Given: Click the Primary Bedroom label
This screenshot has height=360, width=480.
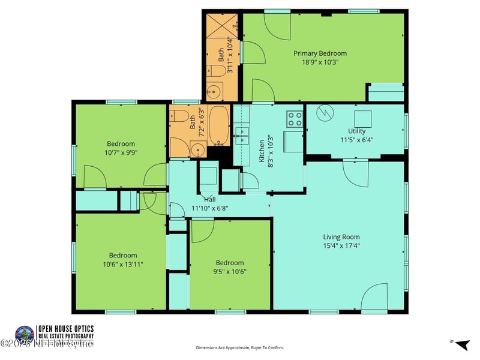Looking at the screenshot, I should pyautogui.click(x=320, y=53).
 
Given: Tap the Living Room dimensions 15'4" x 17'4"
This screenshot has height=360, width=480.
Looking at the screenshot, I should pyautogui.click(x=341, y=245).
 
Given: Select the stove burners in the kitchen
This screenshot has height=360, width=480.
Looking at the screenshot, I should pyautogui.click(x=295, y=119).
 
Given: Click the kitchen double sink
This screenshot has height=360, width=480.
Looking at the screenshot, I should pyautogui.click(x=242, y=136).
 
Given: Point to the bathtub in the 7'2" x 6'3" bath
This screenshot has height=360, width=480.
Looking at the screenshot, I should pyautogui.click(x=218, y=126).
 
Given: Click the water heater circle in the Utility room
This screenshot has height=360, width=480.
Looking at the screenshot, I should pyautogui.click(x=325, y=112).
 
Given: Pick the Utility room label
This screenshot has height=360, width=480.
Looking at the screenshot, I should pyautogui.click(x=356, y=131).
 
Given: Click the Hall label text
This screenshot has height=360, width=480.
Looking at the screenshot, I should pyautogui.click(x=209, y=200).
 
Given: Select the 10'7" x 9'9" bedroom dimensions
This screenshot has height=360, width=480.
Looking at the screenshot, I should pyautogui.click(x=121, y=152).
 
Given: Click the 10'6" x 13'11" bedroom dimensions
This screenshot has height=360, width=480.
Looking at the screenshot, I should pyautogui.click(x=122, y=264).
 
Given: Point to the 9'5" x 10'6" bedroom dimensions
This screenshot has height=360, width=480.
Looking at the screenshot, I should pyautogui.click(x=230, y=271).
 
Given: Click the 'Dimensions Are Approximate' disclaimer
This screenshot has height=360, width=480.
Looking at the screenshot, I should pyautogui.click(x=239, y=347).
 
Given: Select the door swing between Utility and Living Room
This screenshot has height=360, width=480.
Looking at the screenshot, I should pyautogui.click(x=356, y=173).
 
